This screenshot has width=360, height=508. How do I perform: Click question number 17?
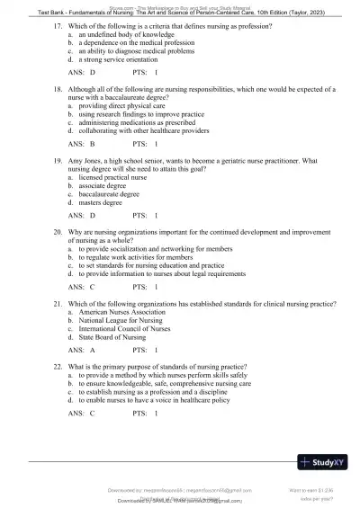[x=58, y=26]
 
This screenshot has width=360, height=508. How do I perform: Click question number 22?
[x=58, y=367]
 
